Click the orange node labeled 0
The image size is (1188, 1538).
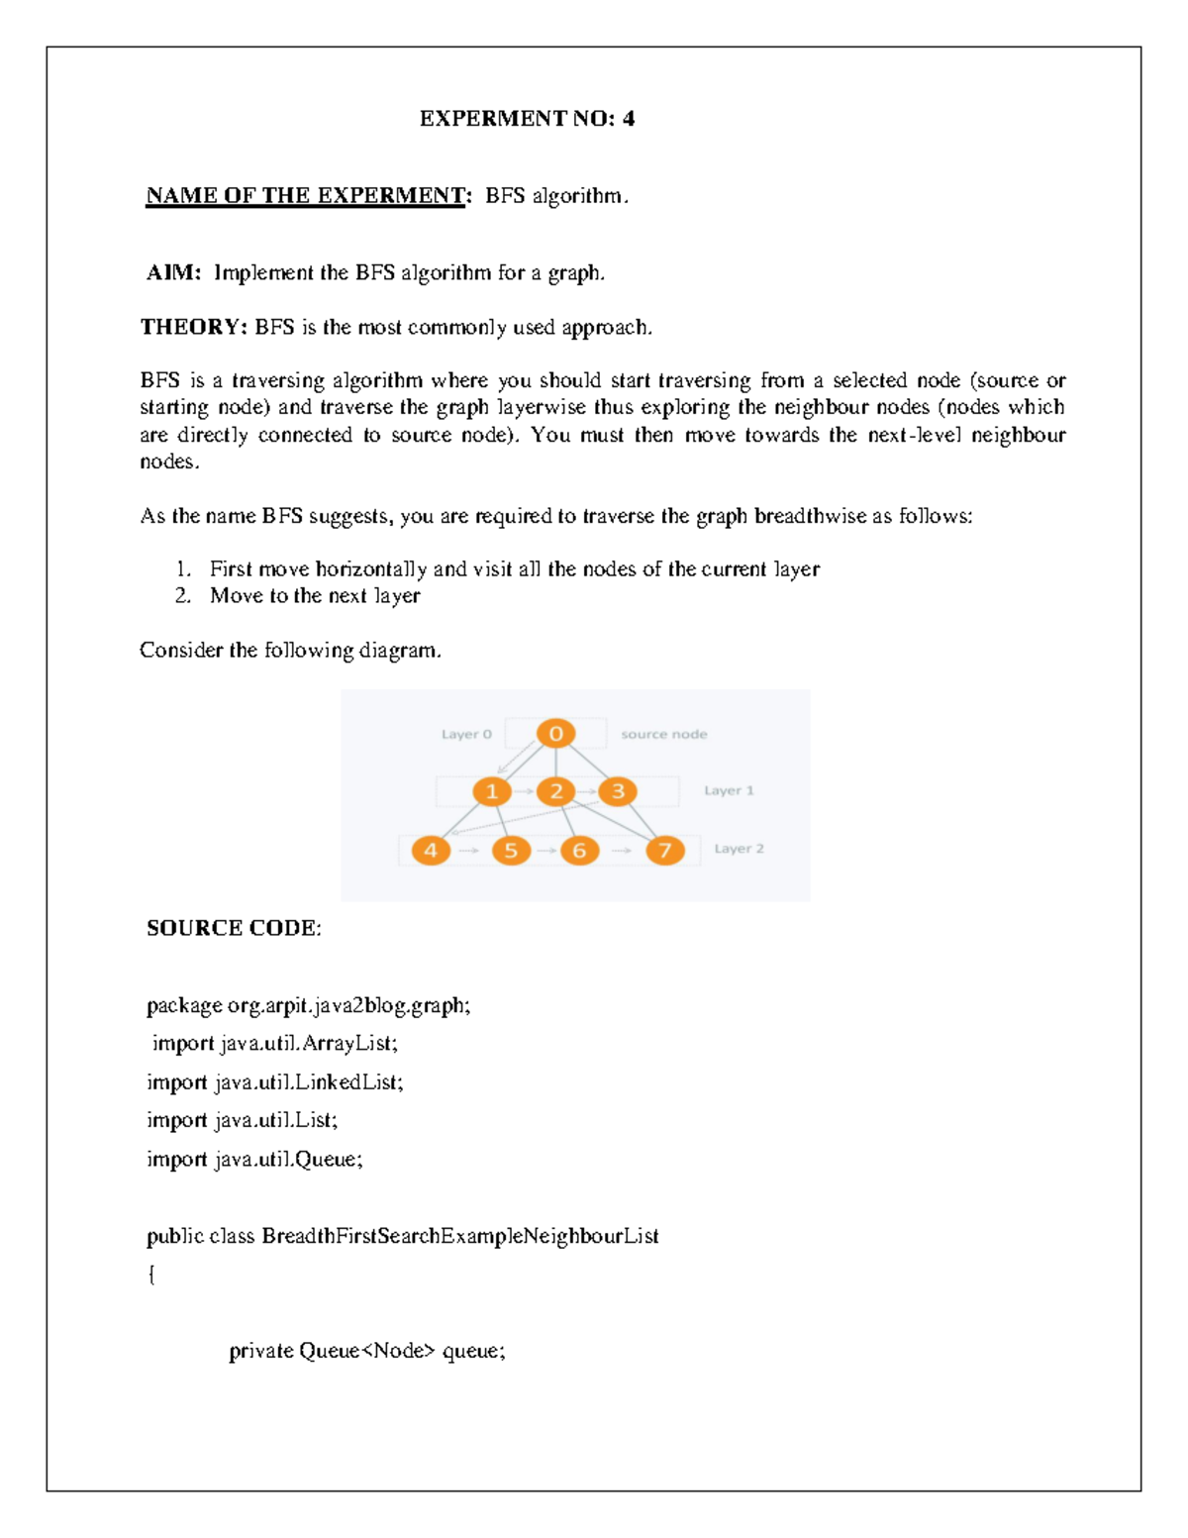pyautogui.click(x=556, y=734)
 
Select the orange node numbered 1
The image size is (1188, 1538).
pyautogui.click(x=491, y=791)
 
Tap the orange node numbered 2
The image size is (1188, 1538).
pyautogui.click(x=556, y=791)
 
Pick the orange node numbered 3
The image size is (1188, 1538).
pyautogui.click(x=618, y=791)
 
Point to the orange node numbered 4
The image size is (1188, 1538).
pyautogui.click(x=431, y=850)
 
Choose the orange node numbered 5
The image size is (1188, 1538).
pyautogui.click(x=511, y=850)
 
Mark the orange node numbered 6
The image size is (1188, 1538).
pyautogui.click(x=579, y=850)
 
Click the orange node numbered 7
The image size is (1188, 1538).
pyautogui.click(x=665, y=850)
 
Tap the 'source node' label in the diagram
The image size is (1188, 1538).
pyautogui.click(x=663, y=735)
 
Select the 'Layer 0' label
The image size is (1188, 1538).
pyautogui.click(x=466, y=735)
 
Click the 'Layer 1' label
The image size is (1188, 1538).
pyautogui.click(x=729, y=790)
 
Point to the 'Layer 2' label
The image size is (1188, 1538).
pyautogui.click(x=739, y=849)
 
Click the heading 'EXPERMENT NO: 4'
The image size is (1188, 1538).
pyautogui.click(x=527, y=119)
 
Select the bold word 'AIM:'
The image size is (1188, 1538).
pyautogui.click(x=174, y=272)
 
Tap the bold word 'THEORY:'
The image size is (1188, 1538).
pyautogui.click(x=194, y=327)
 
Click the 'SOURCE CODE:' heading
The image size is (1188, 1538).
pyautogui.click(x=234, y=928)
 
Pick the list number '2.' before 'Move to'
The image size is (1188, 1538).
pyautogui.click(x=183, y=596)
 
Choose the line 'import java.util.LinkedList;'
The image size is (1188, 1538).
pyautogui.click(x=275, y=1082)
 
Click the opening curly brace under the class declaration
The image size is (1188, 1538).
pyautogui.click(x=151, y=1275)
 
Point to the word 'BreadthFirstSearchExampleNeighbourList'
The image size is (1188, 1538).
pyautogui.click(x=460, y=1236)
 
